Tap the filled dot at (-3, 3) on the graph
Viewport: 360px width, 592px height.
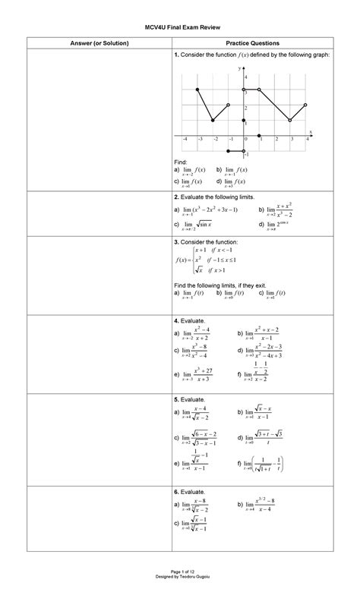[197, 90]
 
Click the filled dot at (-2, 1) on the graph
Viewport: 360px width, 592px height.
[213, 121]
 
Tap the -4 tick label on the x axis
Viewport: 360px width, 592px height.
[183, 140]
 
